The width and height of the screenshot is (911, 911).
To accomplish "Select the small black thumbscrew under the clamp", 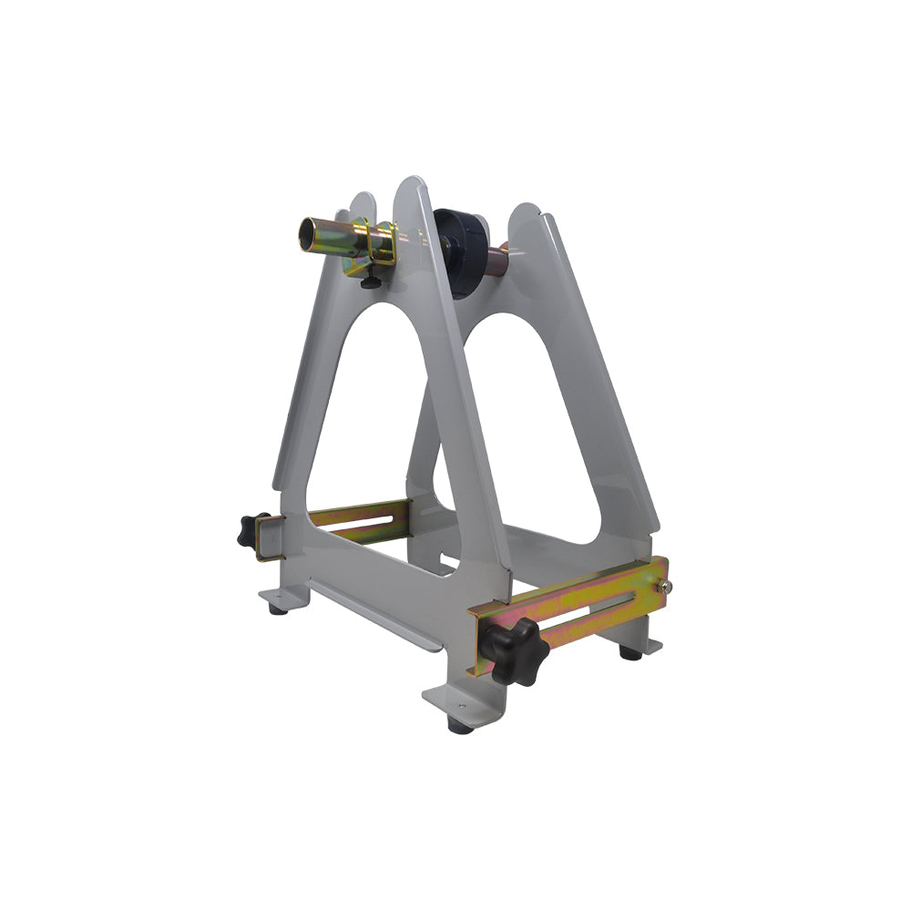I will pos(368,283).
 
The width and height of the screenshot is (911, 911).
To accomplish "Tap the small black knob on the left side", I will pos(250,528).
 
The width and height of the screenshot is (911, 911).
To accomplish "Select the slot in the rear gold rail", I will pos(364,522).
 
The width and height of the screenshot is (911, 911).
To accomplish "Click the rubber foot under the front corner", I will pos(460,725).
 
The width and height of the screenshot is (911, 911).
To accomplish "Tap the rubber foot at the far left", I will pos(275,609).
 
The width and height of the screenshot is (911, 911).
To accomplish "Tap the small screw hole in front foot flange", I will pos(450,702).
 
